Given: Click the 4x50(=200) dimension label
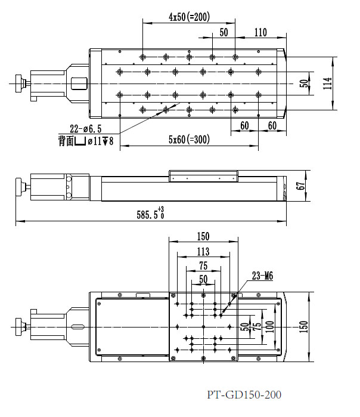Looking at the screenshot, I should click(189, 17).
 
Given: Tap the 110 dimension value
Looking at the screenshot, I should click(260, 33).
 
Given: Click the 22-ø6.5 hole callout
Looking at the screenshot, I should click(86, 128).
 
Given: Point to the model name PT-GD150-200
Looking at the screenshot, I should click(244, 394).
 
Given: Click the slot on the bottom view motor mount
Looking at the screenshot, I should click(77, 326).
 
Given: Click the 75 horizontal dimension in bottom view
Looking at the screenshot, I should click(203, 265).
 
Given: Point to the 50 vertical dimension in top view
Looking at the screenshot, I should click(303, 84).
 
